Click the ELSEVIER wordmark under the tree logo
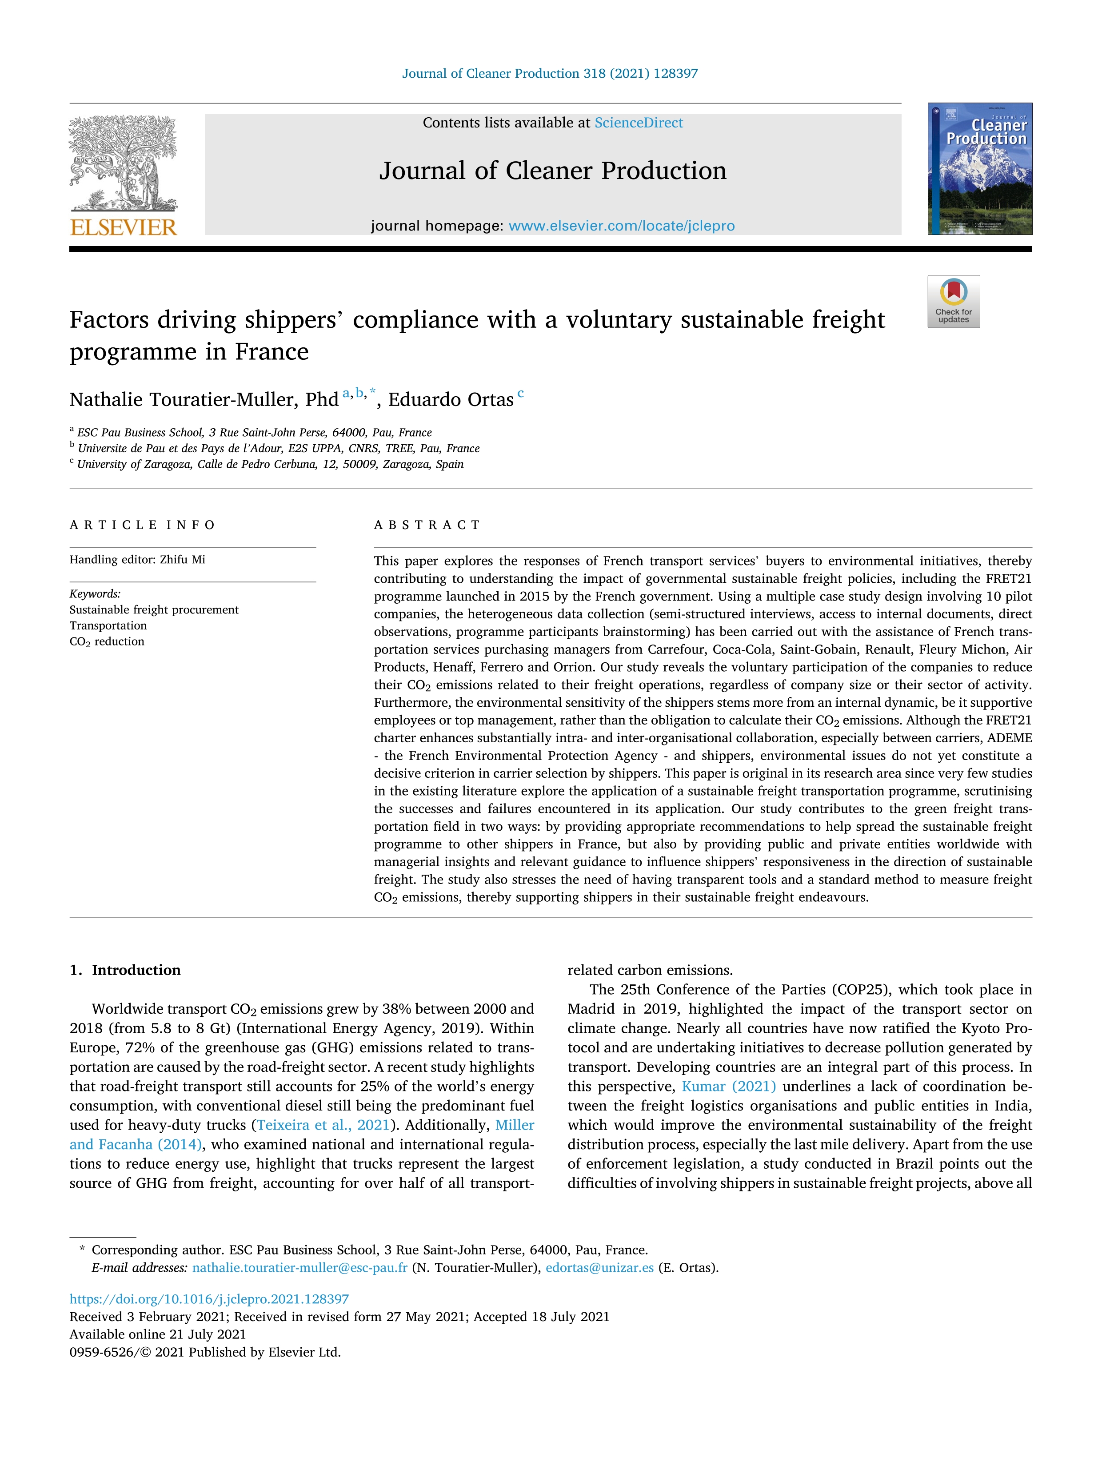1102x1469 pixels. [x=123, y=228]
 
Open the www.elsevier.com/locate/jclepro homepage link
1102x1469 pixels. [x=621, y=226]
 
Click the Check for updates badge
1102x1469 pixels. [x=953, y=302]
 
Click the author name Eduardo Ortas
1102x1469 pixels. [x=451, y=400]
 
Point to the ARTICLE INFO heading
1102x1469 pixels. [x=142, y=525]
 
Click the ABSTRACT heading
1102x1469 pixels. [x=427, y=525]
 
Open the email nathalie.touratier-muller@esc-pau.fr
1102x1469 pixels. [x=299, y=1268]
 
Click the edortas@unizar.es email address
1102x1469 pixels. [x=599, y=1268]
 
